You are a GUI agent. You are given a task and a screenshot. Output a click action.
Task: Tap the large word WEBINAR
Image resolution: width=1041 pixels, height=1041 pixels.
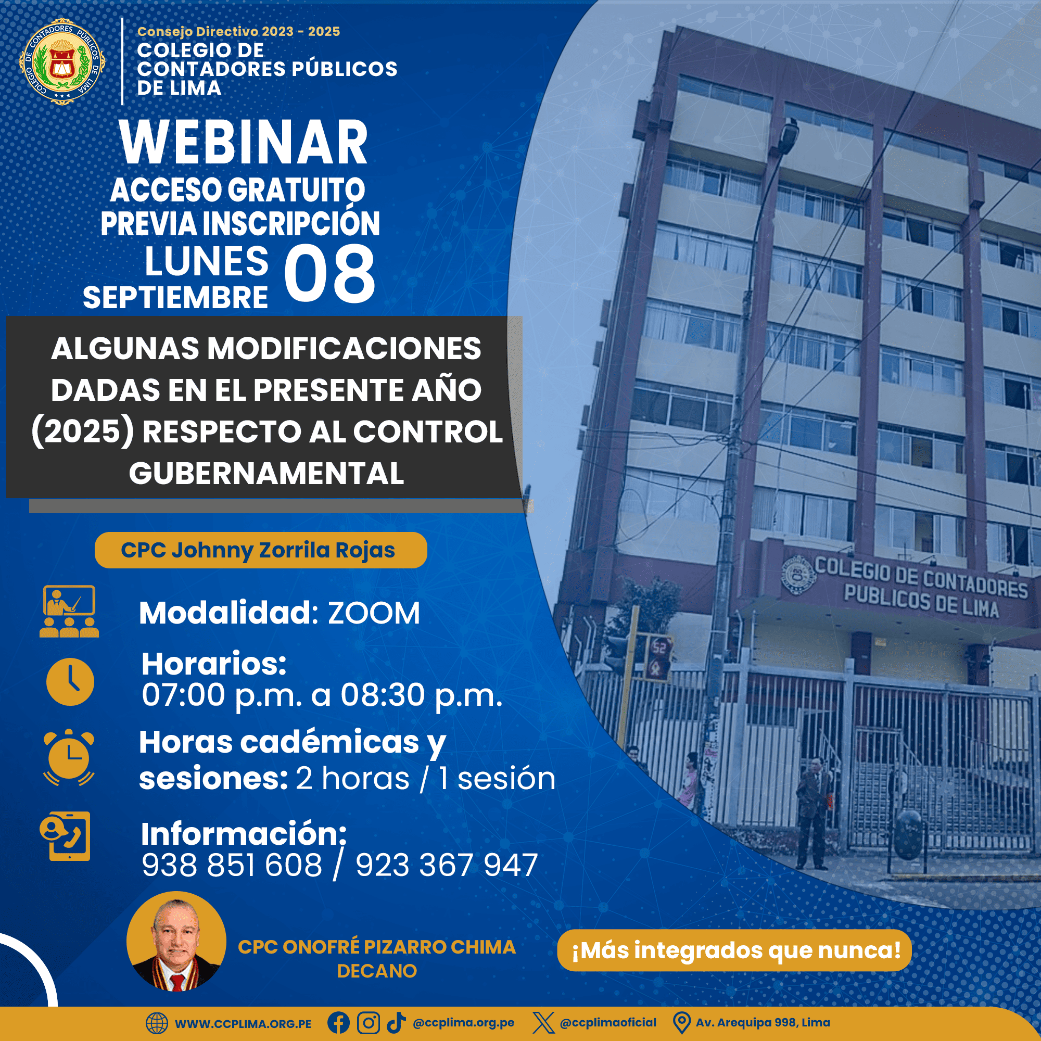[244, 142]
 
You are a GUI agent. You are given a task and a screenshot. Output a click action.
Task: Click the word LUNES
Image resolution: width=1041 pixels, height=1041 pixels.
[206, 261]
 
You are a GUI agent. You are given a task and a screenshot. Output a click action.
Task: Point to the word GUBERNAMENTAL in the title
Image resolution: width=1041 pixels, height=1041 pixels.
[266, 473]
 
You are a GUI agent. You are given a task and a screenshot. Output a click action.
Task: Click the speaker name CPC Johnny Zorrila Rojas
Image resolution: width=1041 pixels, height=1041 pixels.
[258, 550]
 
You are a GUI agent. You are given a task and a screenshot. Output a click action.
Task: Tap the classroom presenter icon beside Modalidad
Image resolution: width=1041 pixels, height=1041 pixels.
[69, 612]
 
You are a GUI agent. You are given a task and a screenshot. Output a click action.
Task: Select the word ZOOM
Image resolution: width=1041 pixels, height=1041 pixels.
[374, 613]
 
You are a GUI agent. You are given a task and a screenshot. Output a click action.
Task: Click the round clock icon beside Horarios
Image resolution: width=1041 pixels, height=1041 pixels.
[70, 682]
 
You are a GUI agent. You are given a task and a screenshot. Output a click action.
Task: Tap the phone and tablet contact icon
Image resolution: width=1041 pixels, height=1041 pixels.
[65, 836]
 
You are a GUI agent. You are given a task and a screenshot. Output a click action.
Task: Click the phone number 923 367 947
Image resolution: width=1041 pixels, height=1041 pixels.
[447, 866]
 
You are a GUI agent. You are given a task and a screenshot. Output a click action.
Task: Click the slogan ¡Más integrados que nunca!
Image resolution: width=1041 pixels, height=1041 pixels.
[736, 950]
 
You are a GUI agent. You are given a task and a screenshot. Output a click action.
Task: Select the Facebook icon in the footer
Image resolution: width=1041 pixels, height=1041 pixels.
[338, 1023]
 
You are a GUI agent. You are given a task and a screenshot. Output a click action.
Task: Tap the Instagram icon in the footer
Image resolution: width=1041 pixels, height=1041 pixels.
[369, 1023]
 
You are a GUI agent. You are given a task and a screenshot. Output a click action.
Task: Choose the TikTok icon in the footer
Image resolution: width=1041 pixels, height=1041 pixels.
[396, 1022]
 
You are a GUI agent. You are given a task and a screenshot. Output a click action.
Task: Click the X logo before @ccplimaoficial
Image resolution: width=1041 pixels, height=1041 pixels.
[543, 1023]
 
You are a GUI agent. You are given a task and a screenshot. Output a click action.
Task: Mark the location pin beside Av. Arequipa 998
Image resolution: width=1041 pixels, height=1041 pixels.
[682, 1023]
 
